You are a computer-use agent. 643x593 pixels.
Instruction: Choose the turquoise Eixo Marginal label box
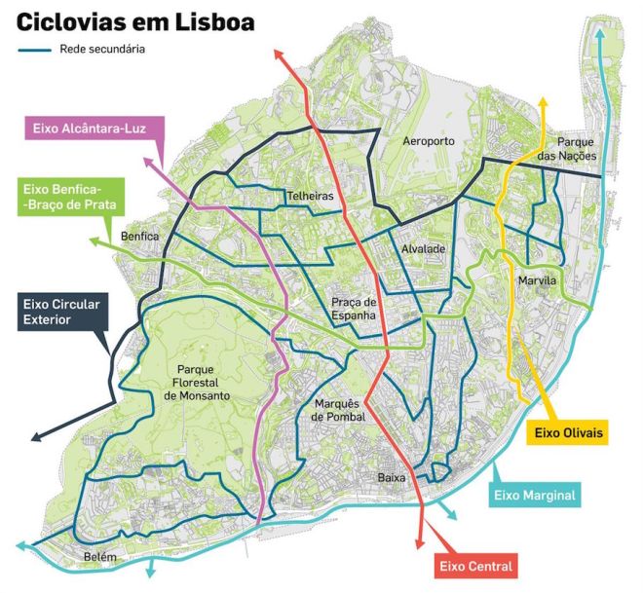[x=535, y=496]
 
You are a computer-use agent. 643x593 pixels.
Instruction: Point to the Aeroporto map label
[x=430, y=142]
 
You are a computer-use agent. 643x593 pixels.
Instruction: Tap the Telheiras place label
[x=310, y=197]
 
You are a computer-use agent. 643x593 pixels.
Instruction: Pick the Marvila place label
[x=537, y=281]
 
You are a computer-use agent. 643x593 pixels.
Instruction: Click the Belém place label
[x=100, y=557]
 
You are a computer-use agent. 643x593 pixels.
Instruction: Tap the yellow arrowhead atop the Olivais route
[x=543, y=102]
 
